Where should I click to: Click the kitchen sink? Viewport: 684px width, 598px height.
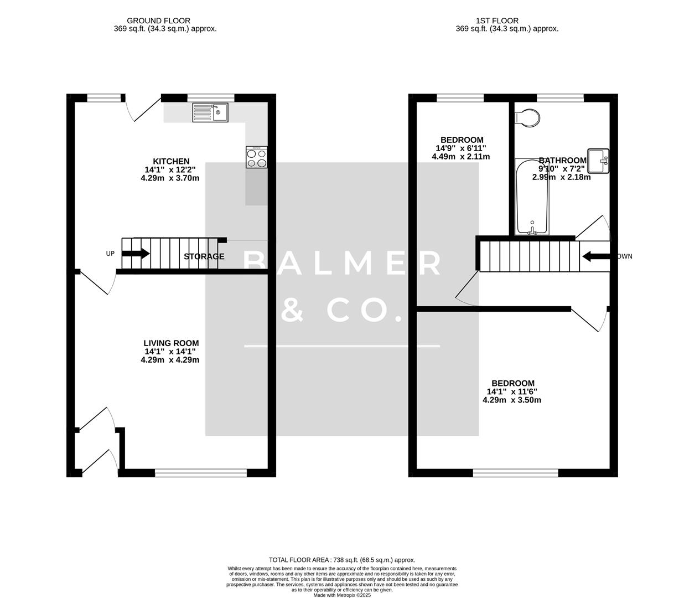(210, 113)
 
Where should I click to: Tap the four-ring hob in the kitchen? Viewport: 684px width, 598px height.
(257, 157)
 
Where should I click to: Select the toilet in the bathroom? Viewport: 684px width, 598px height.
(527, 118)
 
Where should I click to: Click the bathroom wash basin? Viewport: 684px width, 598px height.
(598, 161)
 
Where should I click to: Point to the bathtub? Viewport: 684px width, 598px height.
(532, 197)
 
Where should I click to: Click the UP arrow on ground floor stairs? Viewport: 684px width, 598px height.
(136, 254)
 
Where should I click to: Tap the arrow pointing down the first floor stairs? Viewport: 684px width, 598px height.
(595, 256)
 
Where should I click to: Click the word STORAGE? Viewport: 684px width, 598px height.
(204, 256)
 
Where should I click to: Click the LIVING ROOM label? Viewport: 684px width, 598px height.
(171, 343)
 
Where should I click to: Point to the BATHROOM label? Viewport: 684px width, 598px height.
(562, 161)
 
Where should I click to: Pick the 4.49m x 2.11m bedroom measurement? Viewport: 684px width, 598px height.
(460, 157)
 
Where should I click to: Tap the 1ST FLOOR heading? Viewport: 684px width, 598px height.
(497, 21)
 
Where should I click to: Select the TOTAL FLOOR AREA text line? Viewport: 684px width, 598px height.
(341, 560)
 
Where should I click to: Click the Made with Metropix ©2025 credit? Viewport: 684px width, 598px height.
(342, 595)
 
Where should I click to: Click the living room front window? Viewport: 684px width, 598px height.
(201, 473)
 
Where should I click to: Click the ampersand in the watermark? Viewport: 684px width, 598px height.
(292, 310)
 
